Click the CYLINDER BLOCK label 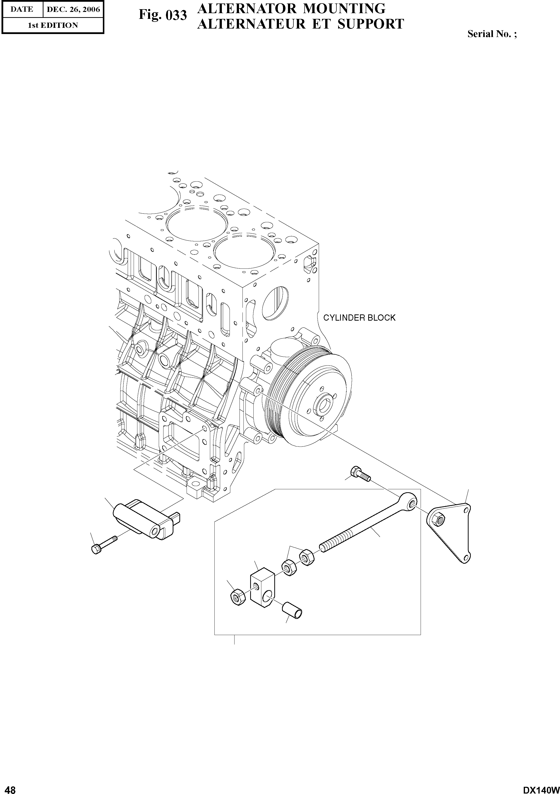click(359, 318)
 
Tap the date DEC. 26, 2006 click(73, 9)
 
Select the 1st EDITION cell click(53, 25)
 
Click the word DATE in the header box click(22, 9)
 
